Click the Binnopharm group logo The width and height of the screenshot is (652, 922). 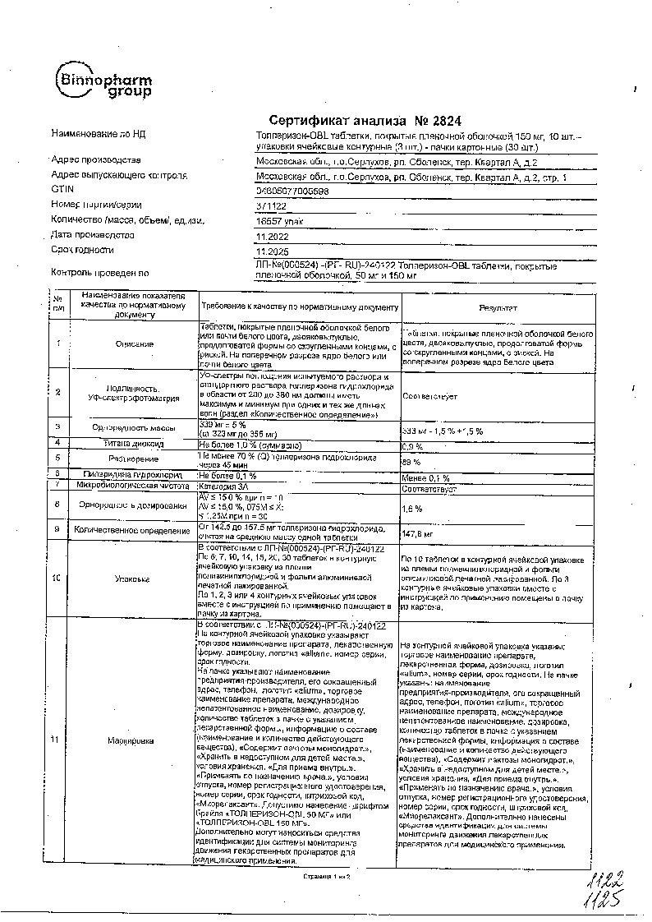tap(102, 81)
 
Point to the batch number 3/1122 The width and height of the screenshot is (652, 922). tap(270, 205)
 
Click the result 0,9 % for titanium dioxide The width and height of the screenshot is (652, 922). tap(412, 446)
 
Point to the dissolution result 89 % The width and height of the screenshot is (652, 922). tap(410, 463)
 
